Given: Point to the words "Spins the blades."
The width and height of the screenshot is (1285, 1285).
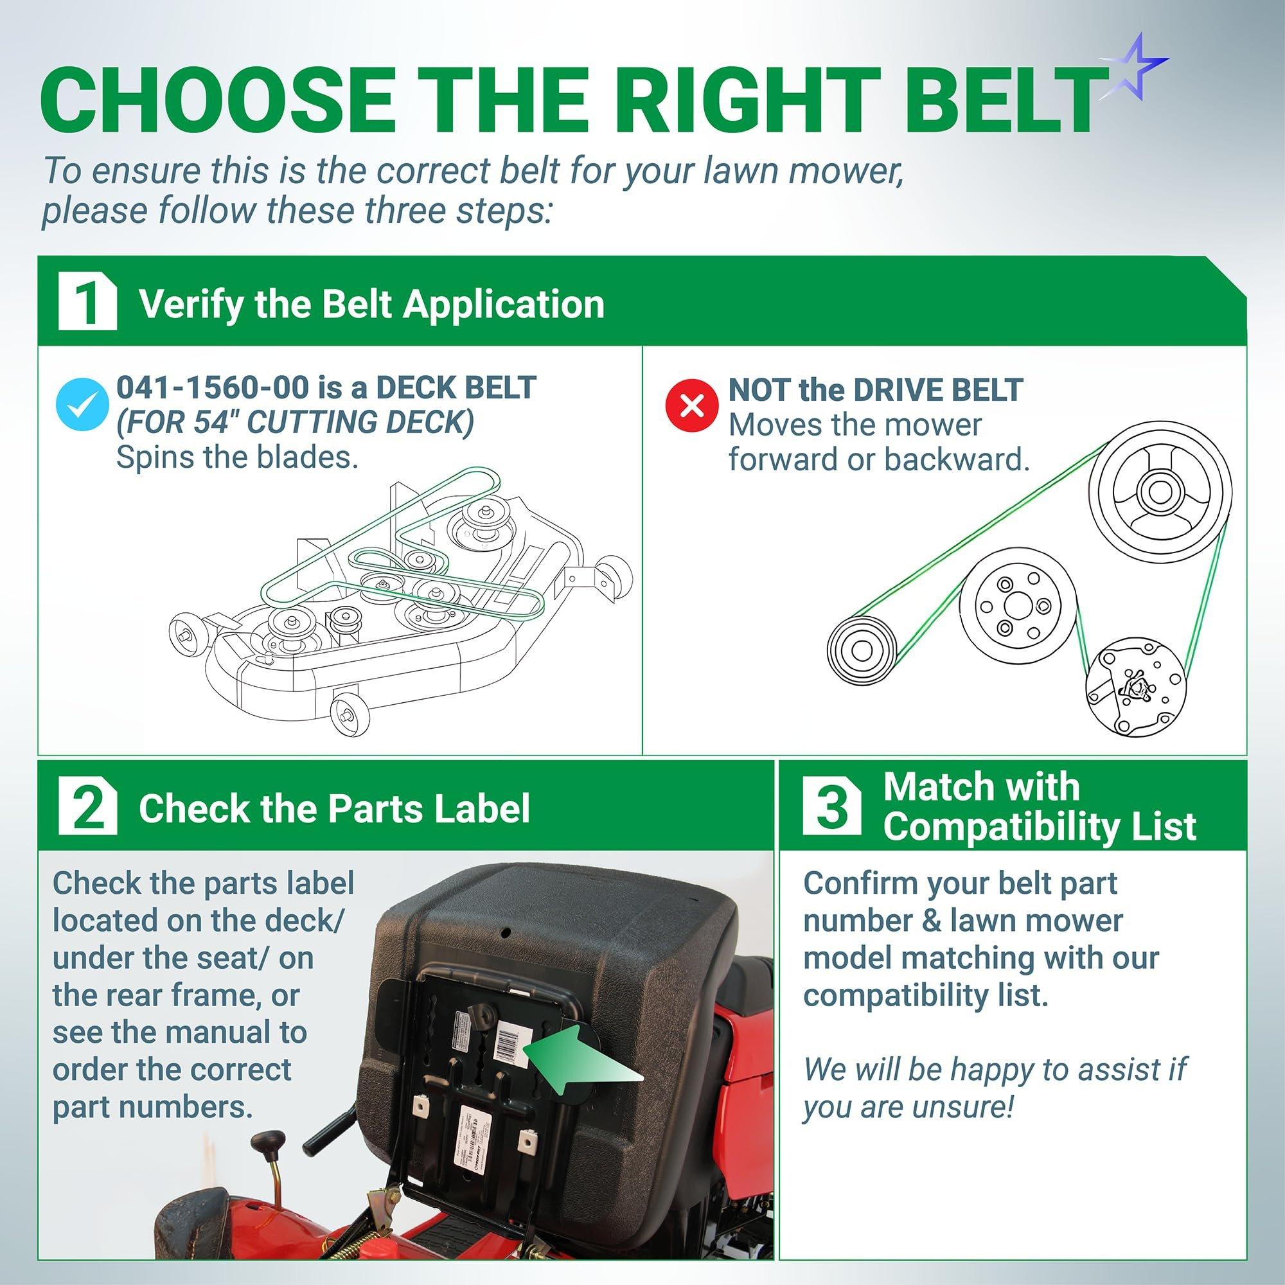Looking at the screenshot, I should (238, 457).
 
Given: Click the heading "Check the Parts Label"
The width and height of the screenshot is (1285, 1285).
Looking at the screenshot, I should (334, 809).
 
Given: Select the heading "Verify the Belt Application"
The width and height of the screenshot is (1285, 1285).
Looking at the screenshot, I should (371, 304).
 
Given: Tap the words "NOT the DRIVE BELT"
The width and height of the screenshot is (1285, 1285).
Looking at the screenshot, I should (875, 390).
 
